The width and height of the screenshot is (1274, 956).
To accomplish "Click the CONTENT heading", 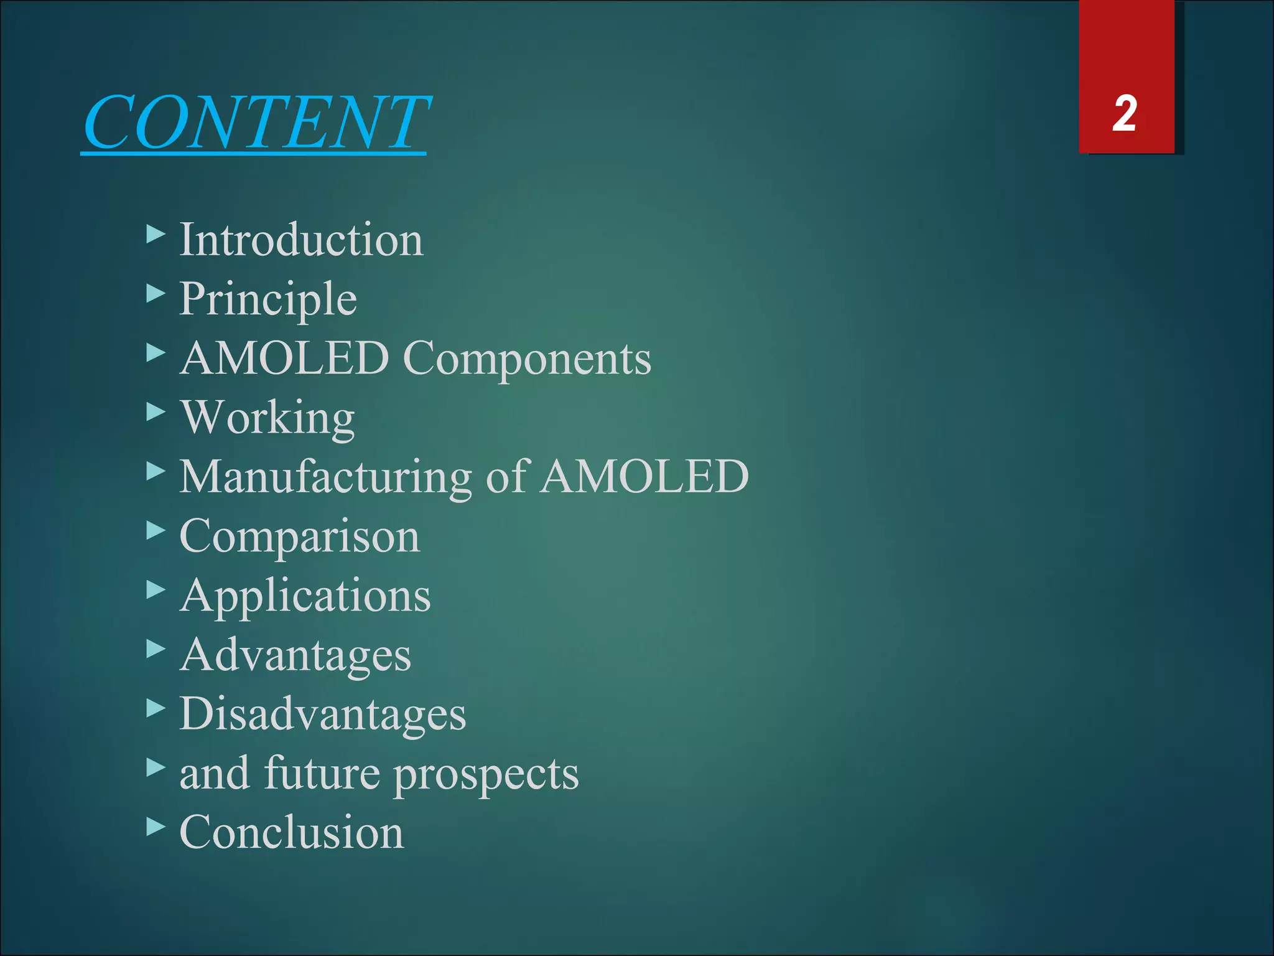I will [x=255, y=123].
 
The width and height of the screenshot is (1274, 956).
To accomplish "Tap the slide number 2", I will [x=1125, y=114].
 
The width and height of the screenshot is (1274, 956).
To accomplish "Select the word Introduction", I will [x=301, y=240].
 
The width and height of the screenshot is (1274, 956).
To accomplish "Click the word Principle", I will [x=268, y=300].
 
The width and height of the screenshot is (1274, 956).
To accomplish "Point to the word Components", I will [x=527, y=359].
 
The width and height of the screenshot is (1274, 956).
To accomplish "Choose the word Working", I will [x=268, y=418].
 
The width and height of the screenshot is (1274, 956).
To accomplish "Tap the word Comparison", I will [x=300, y=537].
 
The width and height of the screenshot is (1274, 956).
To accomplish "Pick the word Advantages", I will [x=295, y=655].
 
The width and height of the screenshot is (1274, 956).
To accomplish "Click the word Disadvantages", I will [x=323, y=714].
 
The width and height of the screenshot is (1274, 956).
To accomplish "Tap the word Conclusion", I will [x=292, y=833].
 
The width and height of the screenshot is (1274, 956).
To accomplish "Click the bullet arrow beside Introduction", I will [x=156, y=235].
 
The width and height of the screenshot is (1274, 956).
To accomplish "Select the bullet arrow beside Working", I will [x=156, y=412].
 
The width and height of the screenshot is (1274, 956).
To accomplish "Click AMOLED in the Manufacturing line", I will [x=644, y=477].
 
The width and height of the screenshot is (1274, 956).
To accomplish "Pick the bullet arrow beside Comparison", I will [x=156, y=531].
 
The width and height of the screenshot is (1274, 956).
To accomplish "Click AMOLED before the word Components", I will [x=284, y=359].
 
